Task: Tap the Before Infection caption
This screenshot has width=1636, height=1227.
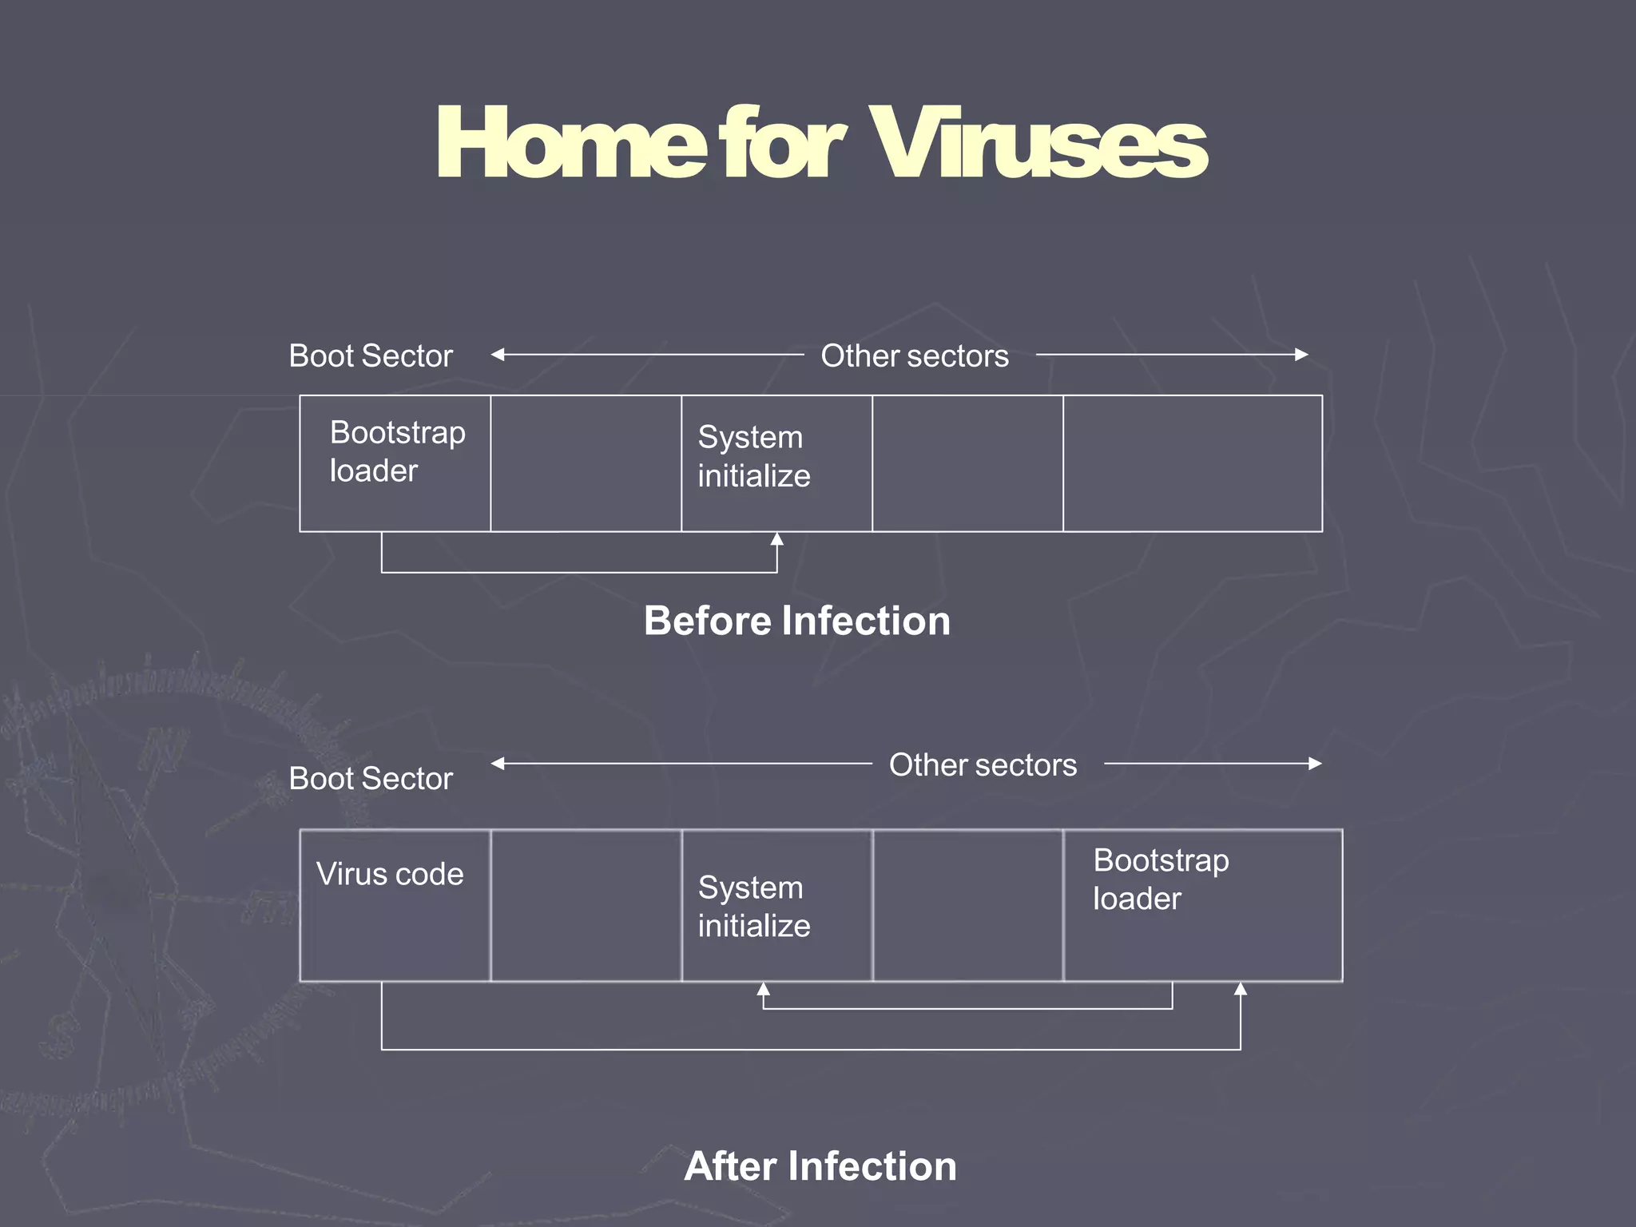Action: [797, 621]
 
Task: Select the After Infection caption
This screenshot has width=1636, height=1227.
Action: [820, 1166]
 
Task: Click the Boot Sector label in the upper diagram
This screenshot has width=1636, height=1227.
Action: [371, 355]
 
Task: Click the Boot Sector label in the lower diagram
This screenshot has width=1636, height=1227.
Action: [371, 778]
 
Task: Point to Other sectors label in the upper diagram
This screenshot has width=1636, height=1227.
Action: [915, 355]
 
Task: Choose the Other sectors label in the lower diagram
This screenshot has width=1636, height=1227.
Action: [983, 765]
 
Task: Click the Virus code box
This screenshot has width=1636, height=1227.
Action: [395, 905]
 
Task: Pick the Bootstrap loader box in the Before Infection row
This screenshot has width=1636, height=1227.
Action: [395, 463]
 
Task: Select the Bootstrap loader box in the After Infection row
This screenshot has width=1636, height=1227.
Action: [1203, 905]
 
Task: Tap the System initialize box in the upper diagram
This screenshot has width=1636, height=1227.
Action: [776, 463]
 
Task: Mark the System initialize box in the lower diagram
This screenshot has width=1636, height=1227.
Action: [776, 905]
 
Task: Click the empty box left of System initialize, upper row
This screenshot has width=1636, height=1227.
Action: [586, 463]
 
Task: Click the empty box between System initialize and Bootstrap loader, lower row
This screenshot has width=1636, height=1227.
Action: [968, 905]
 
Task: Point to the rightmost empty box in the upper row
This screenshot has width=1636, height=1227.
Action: [1193, 463]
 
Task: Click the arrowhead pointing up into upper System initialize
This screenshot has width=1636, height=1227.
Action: [776, 539]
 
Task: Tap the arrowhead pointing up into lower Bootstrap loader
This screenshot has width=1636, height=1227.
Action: [1241, 989]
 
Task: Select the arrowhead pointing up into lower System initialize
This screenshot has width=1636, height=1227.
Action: [764, 989]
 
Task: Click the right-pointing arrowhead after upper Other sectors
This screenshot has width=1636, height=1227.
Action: [1301, 355]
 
